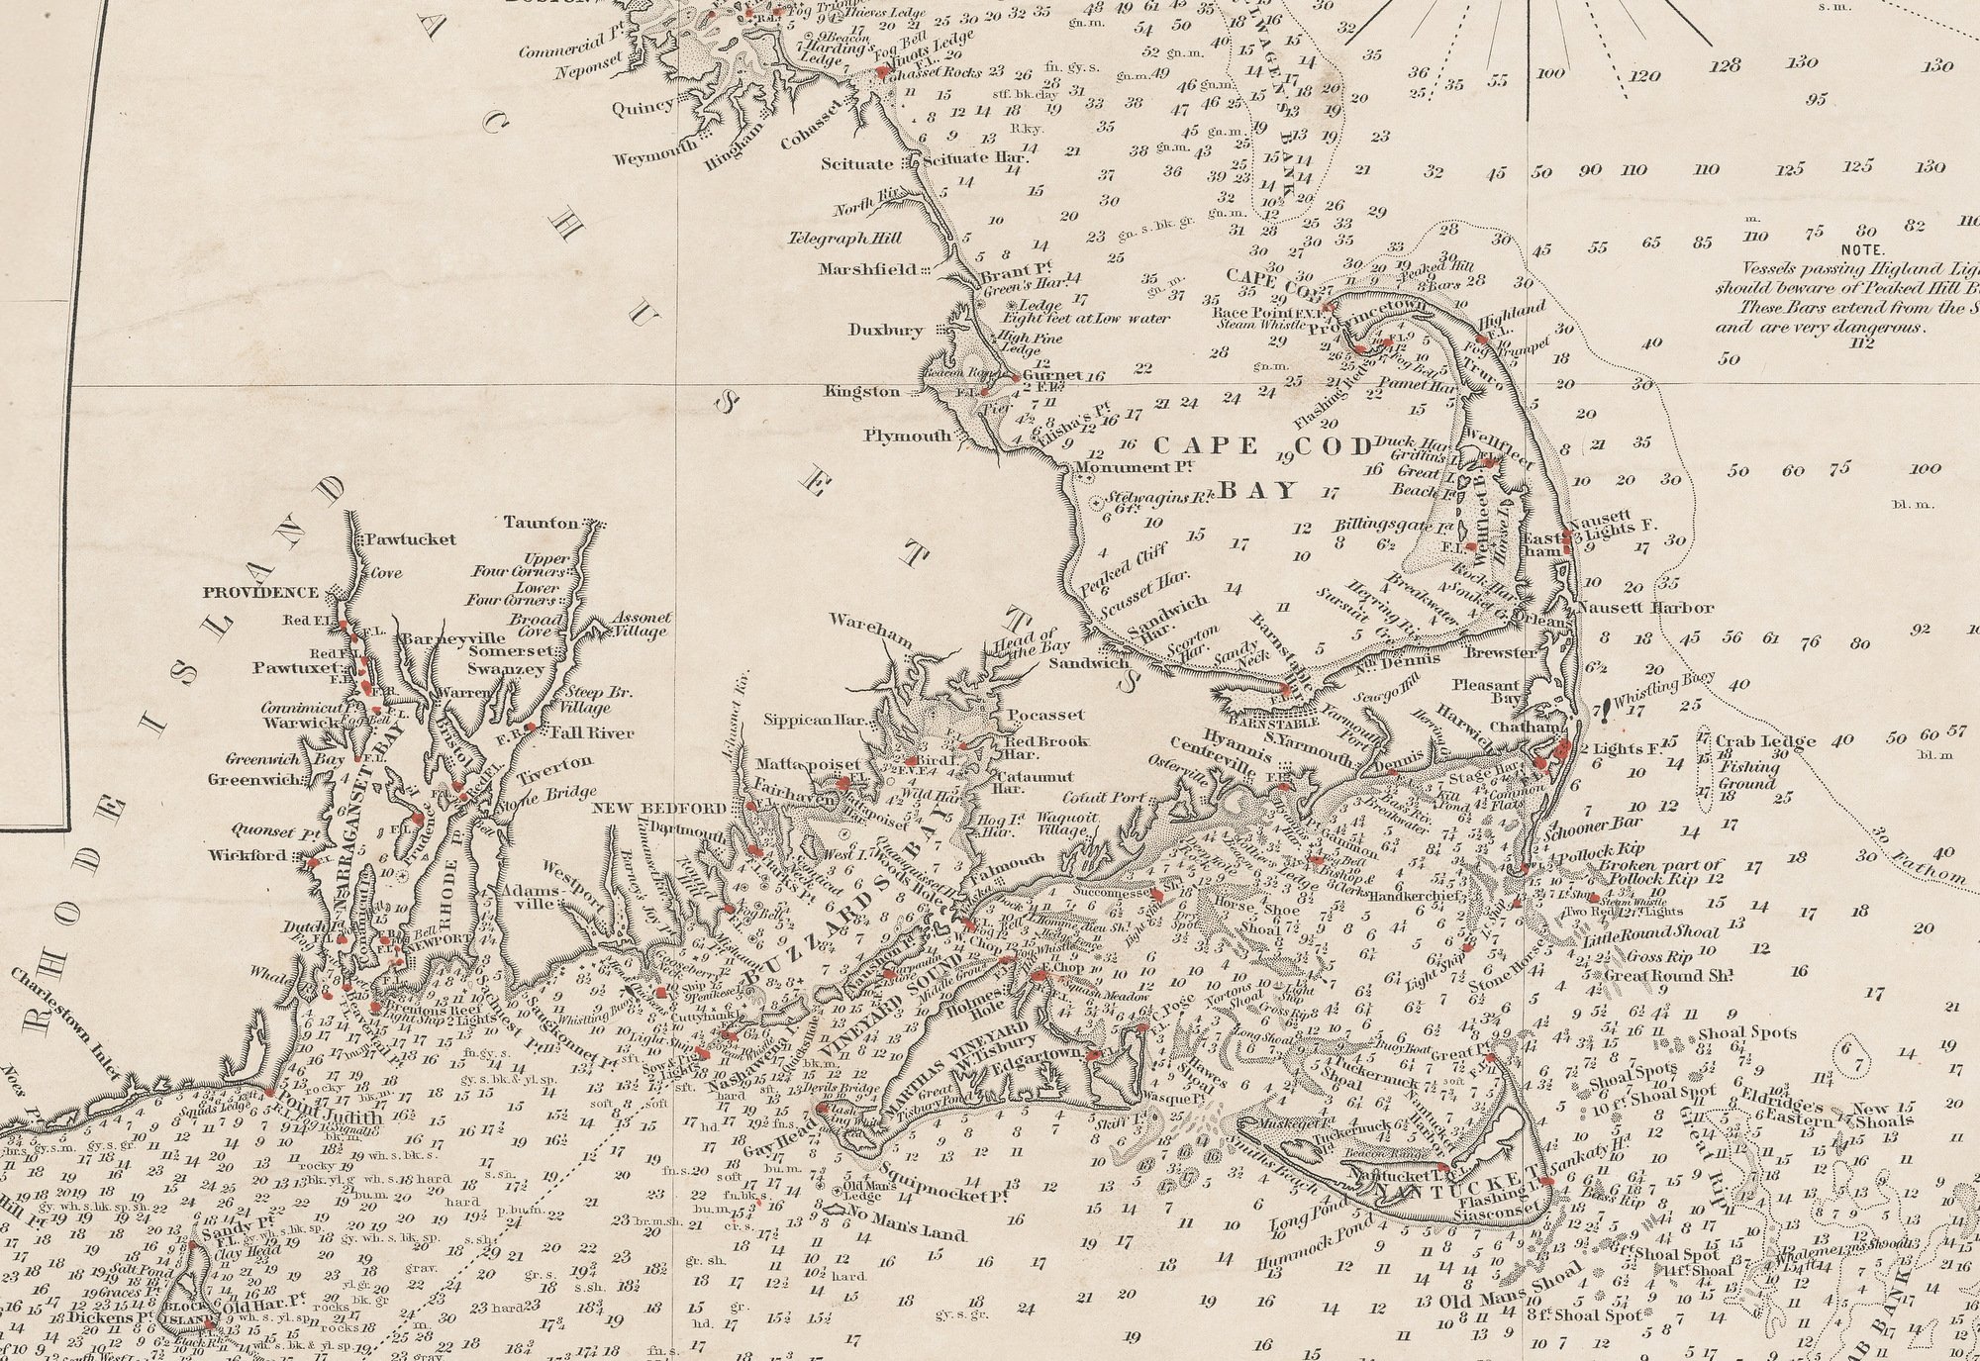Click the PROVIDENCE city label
(261, 593)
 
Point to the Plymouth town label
(907, 436)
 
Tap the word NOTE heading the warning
(1864, 250)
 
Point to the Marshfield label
(868, 268)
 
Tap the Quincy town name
(643, 107)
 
